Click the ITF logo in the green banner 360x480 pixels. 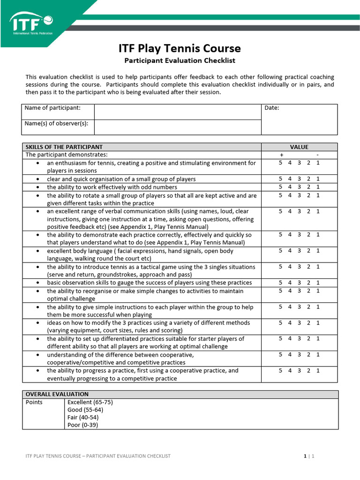(31, 23)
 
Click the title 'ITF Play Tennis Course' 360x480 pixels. (180, 48)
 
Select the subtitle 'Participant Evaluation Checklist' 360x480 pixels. (180, 60)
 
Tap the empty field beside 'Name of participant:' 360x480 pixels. (178, 112)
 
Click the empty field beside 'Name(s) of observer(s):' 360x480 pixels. (178, 127)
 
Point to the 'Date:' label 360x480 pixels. (272, 108)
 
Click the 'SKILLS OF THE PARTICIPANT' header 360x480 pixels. (64, 147)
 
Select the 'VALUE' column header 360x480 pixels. (299, 147)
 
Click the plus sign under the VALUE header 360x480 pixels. (281, 155)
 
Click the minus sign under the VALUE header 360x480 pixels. (317, 155)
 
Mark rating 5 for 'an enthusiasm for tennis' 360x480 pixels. (280, 163)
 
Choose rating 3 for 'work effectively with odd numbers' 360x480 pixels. (299, 187)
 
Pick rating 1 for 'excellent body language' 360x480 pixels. (318, 251)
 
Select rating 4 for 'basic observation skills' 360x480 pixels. (290, 283)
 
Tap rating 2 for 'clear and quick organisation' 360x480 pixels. (308, 179)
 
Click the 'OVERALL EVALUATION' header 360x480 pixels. (57, 394)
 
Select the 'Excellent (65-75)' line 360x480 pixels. (90, 402)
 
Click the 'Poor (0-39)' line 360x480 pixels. (83, 425)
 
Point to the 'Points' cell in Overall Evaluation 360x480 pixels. (34, 402)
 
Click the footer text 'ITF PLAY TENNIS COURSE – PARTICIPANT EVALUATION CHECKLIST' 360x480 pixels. (98, 456)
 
